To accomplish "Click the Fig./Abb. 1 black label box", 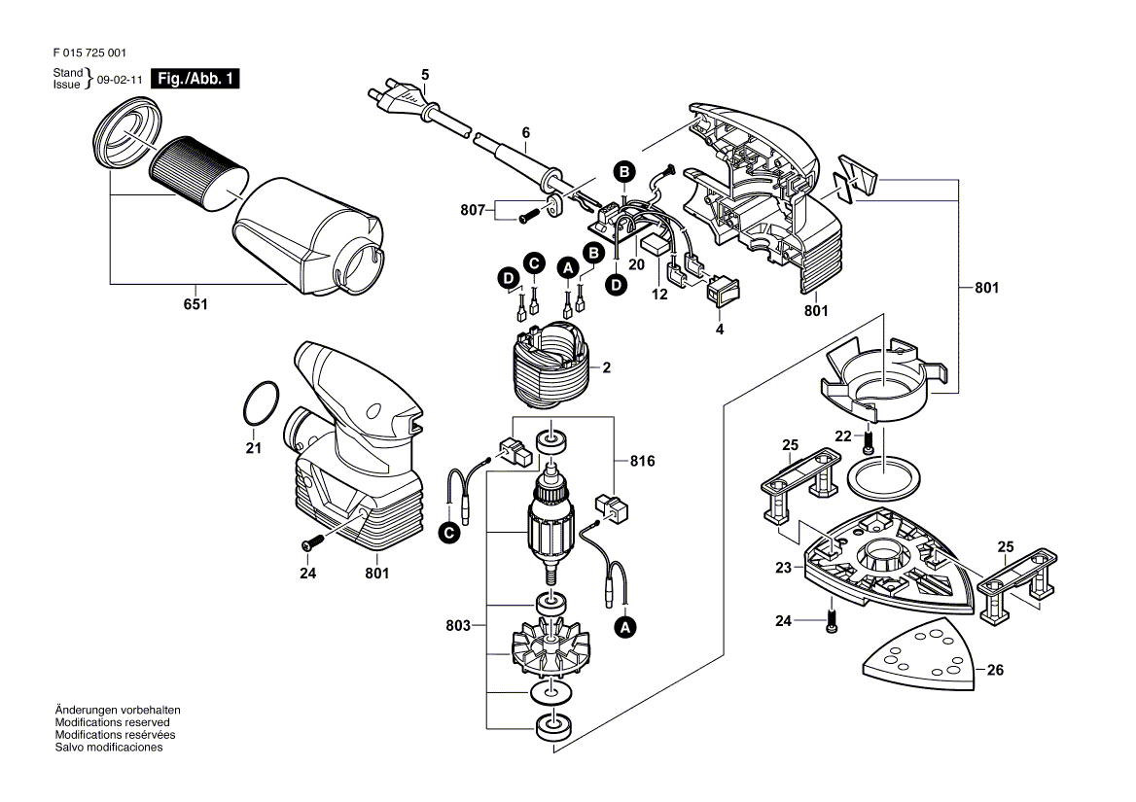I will pos(196,80).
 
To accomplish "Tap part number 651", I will pos(195,304).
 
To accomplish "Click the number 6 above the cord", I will pos(525,132).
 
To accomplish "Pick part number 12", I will pos(659,294).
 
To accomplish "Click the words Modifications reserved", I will pos(113,722).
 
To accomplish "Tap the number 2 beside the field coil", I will pos(606,368).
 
